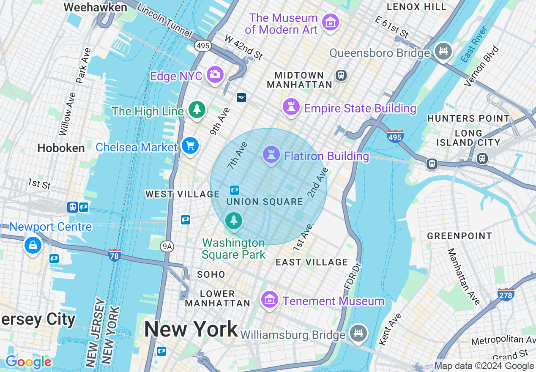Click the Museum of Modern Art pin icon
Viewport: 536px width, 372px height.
(331, 22)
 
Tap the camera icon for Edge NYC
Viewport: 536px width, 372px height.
(215, 74)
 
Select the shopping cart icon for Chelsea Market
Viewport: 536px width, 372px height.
(190, 146)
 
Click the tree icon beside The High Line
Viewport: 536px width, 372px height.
(197, 109)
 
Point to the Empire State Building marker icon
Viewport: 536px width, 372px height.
(291, 107)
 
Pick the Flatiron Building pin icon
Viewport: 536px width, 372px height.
(271, 155)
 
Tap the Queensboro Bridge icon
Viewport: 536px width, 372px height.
(443, 52)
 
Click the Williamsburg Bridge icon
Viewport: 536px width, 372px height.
(358, 333)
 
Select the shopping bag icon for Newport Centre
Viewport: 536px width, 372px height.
(33, 245)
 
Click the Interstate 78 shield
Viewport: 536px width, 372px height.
(114, 254)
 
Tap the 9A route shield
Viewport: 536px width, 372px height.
(167, 246)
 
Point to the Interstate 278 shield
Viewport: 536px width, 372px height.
(506, 294)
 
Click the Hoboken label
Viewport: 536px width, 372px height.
(61, 148)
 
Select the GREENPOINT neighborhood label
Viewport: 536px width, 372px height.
(459, 236)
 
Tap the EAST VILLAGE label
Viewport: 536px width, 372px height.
(312, 262)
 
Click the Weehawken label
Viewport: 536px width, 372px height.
(95, 7)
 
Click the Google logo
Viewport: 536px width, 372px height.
(28, 362)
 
